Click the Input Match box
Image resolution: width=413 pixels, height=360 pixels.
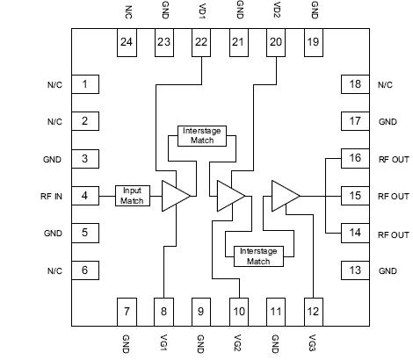pos(133,196)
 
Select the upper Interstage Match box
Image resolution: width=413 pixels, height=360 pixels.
pos(202,135)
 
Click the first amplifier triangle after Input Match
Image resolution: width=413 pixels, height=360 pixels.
pos(175,196)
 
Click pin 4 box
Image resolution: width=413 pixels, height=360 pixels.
pos(84,196)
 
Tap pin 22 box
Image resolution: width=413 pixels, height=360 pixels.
pos(201,44)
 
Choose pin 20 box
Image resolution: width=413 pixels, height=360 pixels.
pos(275,44)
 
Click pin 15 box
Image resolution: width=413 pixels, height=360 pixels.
pos(352,196)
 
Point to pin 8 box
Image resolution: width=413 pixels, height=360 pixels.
pos(164,310)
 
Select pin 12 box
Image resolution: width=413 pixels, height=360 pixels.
pos(312,310)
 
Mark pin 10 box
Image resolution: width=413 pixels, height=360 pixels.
pos(238,310)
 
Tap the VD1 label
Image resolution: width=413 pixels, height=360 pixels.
pos(201,12)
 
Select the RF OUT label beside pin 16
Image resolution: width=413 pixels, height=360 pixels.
pos(393,159)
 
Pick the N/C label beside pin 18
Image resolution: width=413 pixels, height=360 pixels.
pos(385,84)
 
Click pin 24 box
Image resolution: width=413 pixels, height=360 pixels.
pos(127,44)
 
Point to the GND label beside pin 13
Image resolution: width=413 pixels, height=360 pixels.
pos(388,271)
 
